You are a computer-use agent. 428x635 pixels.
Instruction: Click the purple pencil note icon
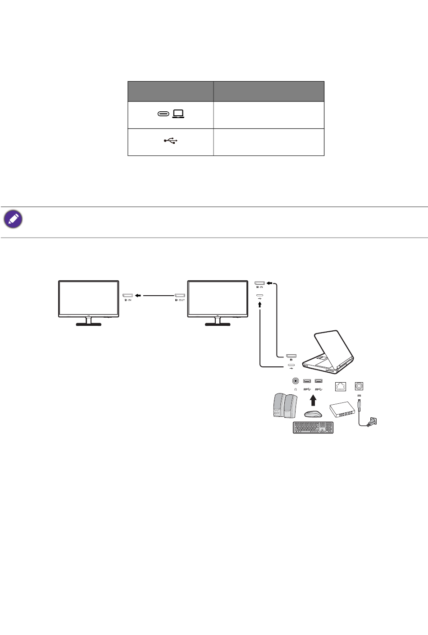coord(13,219)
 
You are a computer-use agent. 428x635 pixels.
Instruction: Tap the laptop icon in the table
coord(178,114)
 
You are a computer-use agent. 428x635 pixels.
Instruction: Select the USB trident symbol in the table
coord(171,141)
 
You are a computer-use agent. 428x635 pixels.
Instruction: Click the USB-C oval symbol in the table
coord(163,114)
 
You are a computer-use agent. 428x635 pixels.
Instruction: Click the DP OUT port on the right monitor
coord(180,296)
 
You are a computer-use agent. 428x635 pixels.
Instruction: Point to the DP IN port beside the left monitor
coord(127,296)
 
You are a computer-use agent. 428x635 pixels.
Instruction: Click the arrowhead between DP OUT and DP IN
coord(138,296)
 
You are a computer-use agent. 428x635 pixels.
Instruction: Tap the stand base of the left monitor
coord(89,324)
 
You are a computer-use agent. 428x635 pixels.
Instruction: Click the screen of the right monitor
coord(218,297)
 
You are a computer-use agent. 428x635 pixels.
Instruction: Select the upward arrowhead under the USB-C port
coord(260,303)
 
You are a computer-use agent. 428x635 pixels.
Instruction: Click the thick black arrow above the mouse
coord(313,400)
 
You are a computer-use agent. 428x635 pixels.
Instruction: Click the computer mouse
coord(313,414)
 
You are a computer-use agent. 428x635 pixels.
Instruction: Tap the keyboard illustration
coord(313,428)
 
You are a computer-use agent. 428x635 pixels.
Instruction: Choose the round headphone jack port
coord(296,381)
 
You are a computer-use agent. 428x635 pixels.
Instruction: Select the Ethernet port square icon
coord(341,386)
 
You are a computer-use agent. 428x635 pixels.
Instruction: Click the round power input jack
coord(359,386)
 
